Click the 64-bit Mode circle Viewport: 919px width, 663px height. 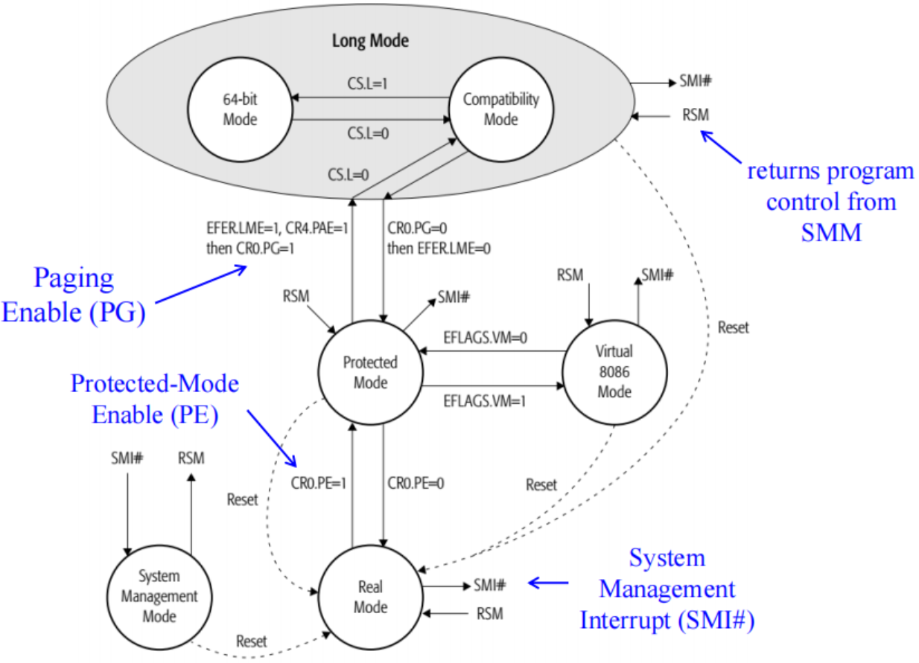[x=239, y=110]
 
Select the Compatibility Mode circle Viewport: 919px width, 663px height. [x=500, y=109]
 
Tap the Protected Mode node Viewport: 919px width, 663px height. [x=370, y=373]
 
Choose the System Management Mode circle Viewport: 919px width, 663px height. [x=159, y=596]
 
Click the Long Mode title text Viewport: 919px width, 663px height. [x=369, y=39]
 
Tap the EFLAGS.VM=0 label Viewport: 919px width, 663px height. [x=486, y=336]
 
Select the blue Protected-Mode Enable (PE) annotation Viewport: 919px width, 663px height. [x=155, y=399]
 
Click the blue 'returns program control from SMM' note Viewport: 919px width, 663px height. [x=830, y=202]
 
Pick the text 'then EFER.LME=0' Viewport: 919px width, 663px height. [x=439, y=247]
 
